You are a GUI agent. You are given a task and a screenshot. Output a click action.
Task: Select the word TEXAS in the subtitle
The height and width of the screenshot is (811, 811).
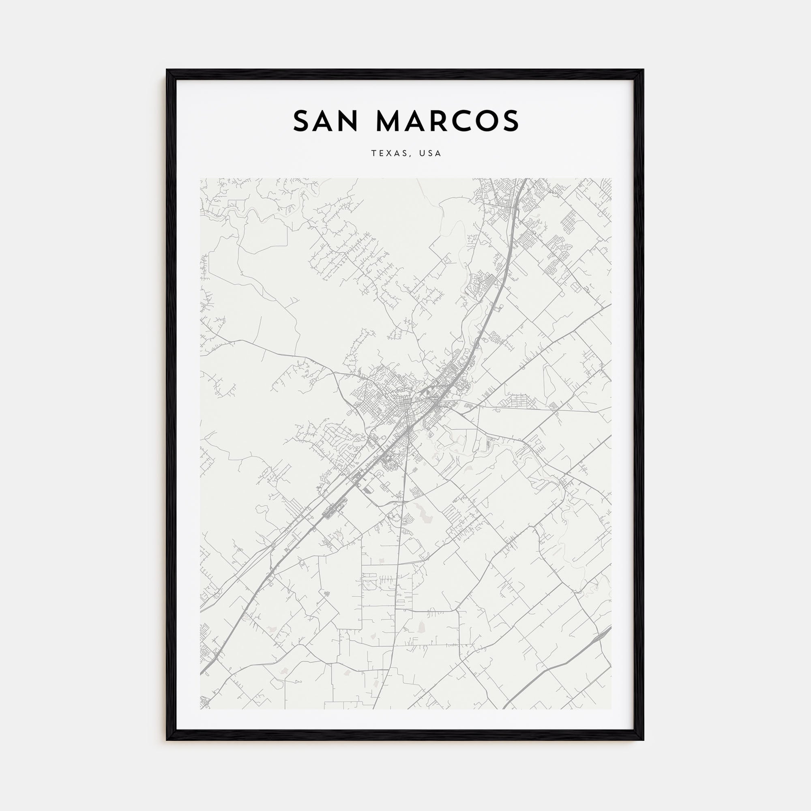pyautogui.click(x=389, y=154)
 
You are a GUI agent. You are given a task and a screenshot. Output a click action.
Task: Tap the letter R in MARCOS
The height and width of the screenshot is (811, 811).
pyautogui.click(x=431, y=121)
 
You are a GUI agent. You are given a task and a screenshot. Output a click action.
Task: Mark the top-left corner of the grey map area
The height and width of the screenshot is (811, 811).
pyautogui.click(x=200, y=178)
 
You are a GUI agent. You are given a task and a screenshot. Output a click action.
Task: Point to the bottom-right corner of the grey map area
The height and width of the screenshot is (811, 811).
pyautogui.click(x=611, y=709)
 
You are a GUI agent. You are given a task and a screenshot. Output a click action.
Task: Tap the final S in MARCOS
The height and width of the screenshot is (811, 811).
pyautogui.click(x=510, y=121)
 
